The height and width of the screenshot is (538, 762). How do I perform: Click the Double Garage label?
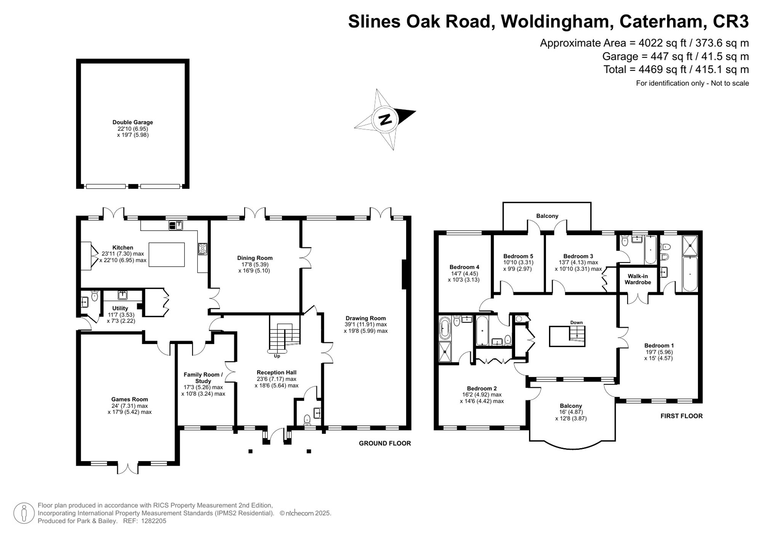click(x=133, y=122)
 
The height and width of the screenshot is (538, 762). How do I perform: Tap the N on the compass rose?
click(x=385, y=119)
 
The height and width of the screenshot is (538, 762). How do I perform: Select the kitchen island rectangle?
click(x=166, y=255)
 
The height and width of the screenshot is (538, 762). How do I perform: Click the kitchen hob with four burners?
click(x=202, y=249)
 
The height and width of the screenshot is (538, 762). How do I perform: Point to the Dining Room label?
click(x=255, y=258)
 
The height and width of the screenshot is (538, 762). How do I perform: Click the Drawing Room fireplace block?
click(x=405, y=275)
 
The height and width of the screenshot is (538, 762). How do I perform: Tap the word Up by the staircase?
click(x=277, y=356)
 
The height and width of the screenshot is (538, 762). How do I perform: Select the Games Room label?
click(x=130, y=399)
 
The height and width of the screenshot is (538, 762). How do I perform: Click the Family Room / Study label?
click(x=203, y=377)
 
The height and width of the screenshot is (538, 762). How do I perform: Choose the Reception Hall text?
click(x=276, y=372)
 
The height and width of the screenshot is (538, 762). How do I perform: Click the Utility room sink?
click(x=122, y=295)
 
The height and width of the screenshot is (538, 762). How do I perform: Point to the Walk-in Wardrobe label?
click(x=637, y=279)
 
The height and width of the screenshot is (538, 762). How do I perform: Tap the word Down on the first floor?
click(x=576, y=322)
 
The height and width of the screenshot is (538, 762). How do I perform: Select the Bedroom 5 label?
click(x=518, y=256)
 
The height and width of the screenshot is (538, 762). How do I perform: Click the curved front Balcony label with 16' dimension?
click(x=571, y=406)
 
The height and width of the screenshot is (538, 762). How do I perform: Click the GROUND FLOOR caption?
click(x=385, y=443)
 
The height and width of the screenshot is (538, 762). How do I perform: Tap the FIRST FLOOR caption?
click(x=681, y=416)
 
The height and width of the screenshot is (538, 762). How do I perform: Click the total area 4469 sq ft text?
click(x=676, y=70)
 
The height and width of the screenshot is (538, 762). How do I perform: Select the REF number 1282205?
click(x=154, y=521)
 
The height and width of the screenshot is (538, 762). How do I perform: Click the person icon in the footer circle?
click(x=24, y=513)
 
